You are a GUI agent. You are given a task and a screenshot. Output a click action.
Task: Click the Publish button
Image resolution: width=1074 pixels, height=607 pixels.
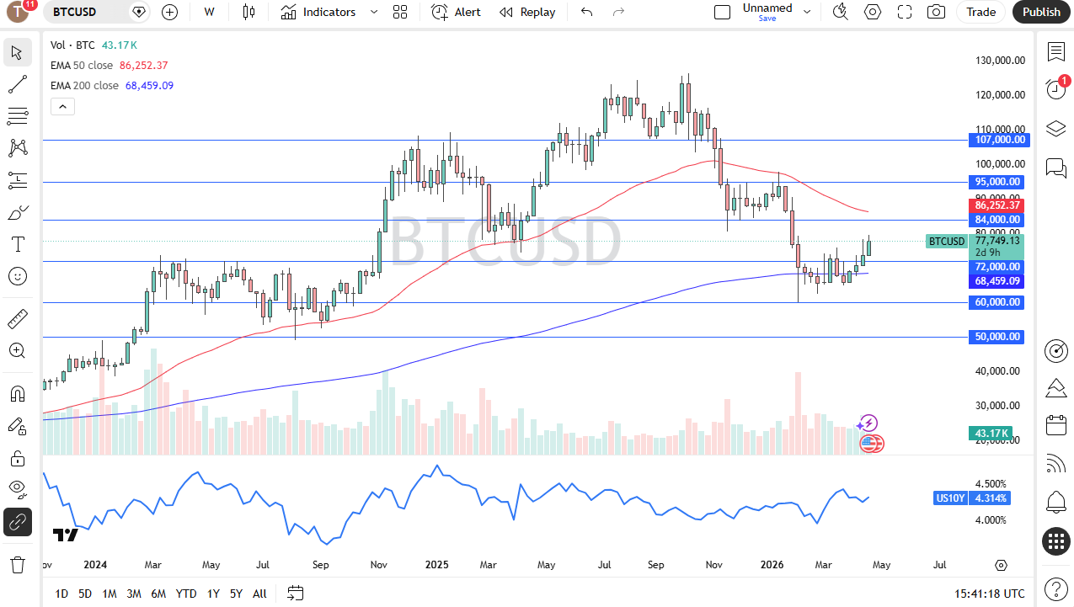(1041, 12)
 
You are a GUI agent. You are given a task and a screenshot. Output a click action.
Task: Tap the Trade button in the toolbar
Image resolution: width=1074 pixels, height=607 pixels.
(980, 12)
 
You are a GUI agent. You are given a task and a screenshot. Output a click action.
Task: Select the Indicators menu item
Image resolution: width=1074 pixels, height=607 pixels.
(318, 12)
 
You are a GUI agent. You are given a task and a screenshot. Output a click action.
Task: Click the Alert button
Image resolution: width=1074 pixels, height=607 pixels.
(457, 12)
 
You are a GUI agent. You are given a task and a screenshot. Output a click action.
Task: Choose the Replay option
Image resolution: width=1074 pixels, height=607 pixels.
(527, 12)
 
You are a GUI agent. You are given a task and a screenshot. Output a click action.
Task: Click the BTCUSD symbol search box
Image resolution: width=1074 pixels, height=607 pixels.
(84, 12)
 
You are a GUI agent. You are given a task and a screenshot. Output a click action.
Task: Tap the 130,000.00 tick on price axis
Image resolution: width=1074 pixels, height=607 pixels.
(1000, 61)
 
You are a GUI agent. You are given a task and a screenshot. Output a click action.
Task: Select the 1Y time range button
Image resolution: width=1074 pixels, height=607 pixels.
(213, 594)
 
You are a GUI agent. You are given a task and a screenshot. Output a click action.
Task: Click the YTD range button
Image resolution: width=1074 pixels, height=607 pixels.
(186, 594)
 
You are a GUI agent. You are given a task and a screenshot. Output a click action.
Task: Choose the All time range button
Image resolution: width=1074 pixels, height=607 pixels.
(259, 594)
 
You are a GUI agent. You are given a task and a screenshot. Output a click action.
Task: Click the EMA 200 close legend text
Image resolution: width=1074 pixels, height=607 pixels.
(84, 85)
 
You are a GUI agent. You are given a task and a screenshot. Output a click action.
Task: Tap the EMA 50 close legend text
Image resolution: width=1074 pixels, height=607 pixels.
(82, 65)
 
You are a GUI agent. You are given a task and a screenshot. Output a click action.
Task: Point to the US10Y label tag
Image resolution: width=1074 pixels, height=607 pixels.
(949, 498)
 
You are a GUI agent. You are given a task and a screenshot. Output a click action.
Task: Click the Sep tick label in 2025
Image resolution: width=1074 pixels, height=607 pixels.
(655, 565)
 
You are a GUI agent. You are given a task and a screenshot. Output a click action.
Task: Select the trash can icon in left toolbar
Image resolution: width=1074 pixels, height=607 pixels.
(17, 564)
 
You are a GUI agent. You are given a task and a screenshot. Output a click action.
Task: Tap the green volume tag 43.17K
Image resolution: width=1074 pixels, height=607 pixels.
(991, 434)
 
